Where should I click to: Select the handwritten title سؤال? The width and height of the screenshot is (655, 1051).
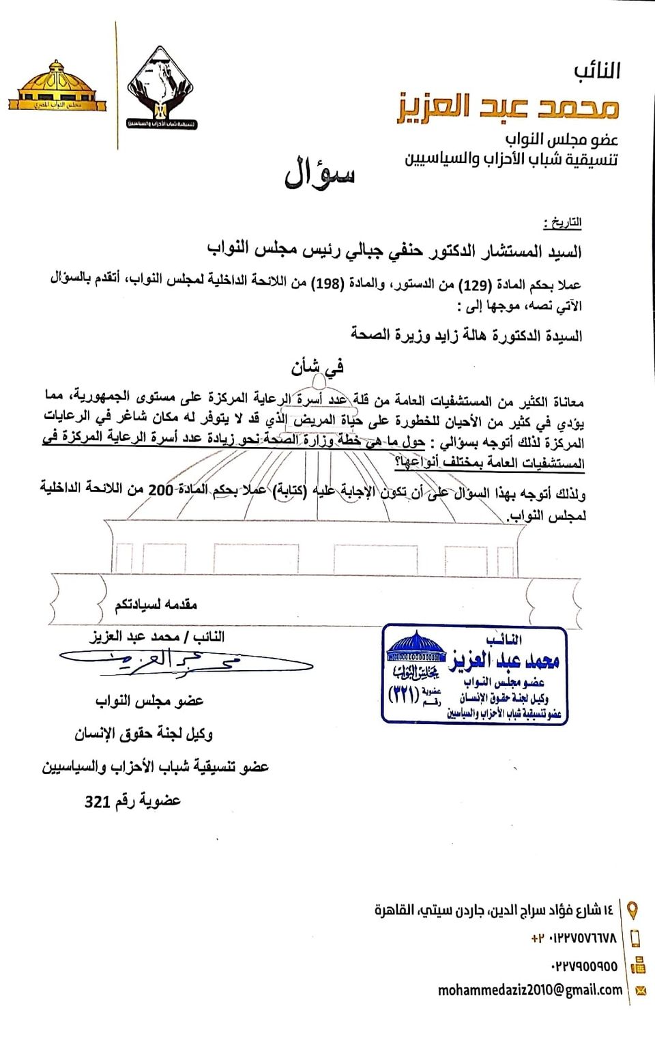(x=319, y=174)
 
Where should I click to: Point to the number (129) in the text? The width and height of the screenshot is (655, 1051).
(x=475, y=284)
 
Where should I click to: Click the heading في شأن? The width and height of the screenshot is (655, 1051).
(x=317, y=367)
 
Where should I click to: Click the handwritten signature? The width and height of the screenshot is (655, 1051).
(x=184, y=661)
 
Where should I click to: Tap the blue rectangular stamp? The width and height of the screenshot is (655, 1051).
(x=474, y=674)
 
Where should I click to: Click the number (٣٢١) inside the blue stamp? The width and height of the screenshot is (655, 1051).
(x=405, y=695)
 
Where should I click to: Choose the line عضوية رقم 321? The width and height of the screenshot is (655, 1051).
(x=132, y=801)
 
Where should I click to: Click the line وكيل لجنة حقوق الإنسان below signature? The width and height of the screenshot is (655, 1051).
(x=144, y=734)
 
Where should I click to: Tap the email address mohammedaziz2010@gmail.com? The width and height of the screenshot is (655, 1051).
(x=530, y=990)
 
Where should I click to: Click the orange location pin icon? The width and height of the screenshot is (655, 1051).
(x=633, y=910)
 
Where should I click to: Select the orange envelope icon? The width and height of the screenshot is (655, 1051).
(x=640, y=991)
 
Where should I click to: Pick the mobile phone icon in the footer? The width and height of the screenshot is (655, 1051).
(x=635, y=938)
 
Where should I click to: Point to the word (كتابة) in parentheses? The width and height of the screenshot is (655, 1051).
(x=289, y=493)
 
